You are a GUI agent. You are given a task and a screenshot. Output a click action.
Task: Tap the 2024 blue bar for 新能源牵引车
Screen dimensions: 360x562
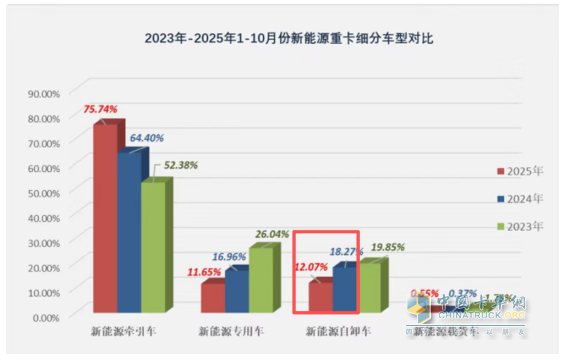(129, 235)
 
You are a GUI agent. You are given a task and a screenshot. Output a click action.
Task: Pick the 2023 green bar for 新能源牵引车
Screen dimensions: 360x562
(153, 248)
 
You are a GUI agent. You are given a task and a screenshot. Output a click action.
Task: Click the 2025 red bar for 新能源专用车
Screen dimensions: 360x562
(212, 298)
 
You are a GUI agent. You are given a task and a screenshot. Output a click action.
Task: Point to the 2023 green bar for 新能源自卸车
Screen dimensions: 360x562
(368, 287)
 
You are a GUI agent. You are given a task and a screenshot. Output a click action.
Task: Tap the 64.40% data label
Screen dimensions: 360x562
(146, 137)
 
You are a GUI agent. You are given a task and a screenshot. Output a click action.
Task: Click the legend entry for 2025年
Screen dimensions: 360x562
(521, 171)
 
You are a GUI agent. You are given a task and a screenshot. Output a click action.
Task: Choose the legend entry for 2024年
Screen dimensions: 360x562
(521, 199)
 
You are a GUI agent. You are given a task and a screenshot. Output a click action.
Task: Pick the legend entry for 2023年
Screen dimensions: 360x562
(521, 227)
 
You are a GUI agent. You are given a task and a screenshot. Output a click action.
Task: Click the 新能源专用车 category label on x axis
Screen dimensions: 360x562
(233, 329)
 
